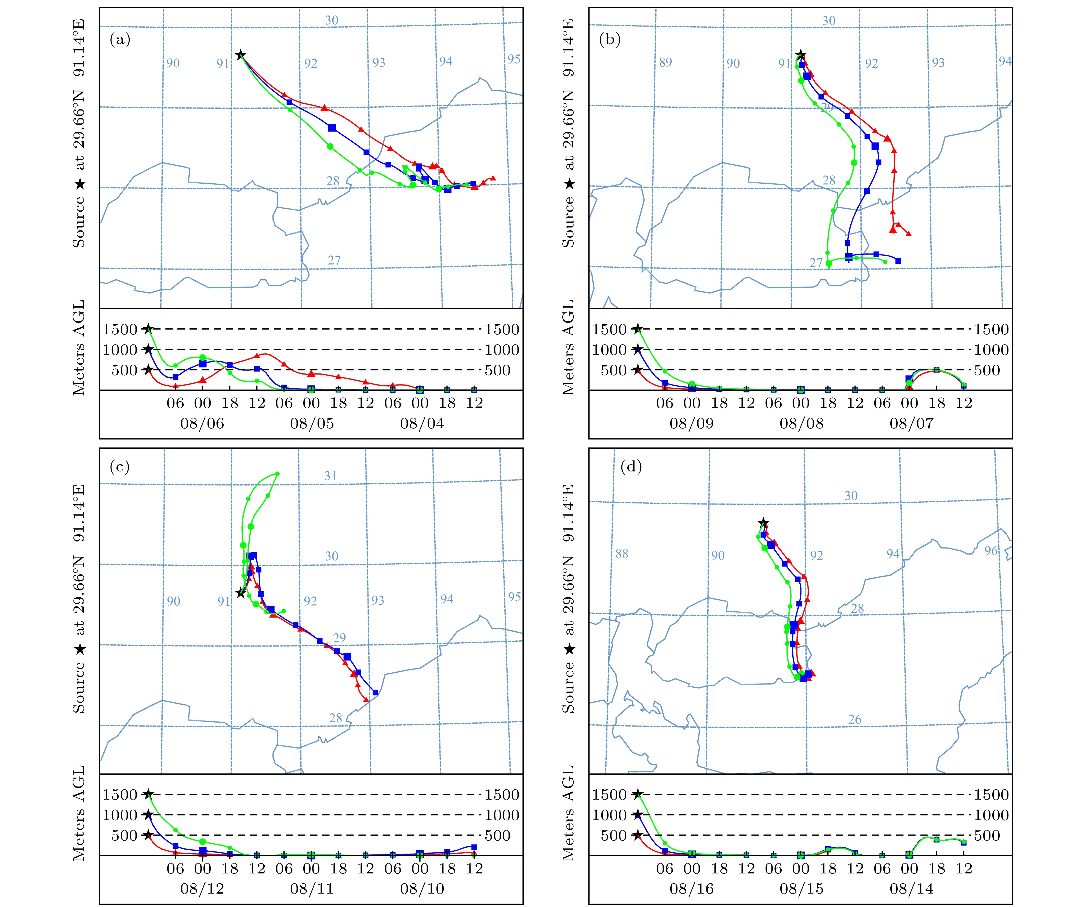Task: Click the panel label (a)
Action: [x=120, y=39]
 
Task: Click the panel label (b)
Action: [x=610, y=39]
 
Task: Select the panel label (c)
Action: [x=120, y=466]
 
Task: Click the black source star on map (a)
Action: [x=240, y=55]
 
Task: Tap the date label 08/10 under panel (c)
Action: [x=422, y=888]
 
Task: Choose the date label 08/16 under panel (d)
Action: [x=691, y=888]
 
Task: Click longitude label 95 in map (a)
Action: [x=514, y=59]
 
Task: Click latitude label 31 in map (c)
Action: [x=330, y=476]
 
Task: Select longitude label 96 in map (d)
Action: [x=991, y=551]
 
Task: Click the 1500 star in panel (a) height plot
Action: [x=148, y=329]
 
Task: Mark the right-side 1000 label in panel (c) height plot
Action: [x=502, y=815]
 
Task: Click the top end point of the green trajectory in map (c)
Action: [x=278, y=474]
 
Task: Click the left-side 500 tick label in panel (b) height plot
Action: [x=613, y=370]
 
